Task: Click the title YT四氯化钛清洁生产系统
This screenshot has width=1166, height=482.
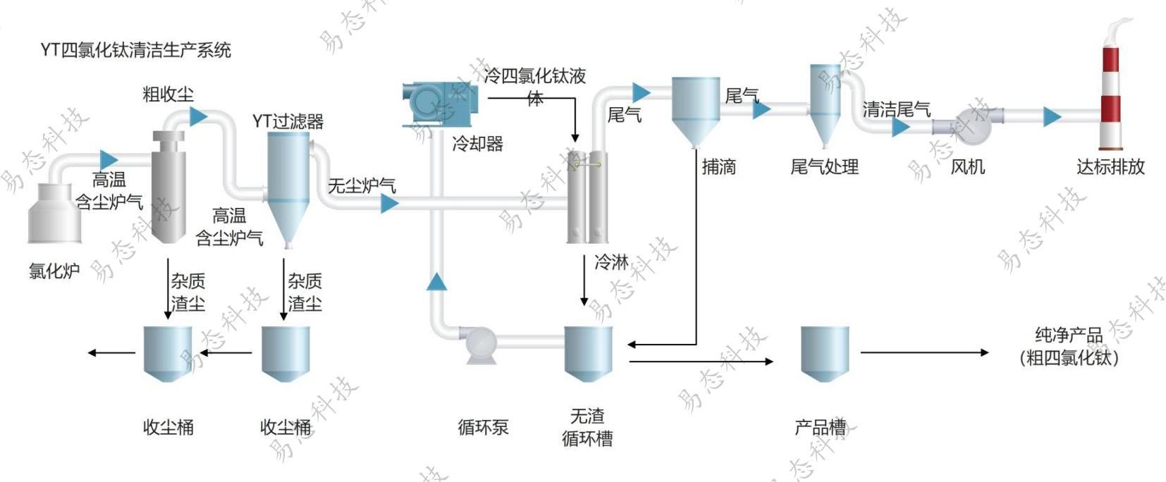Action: pos(135,50)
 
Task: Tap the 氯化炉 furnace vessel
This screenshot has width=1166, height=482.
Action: pos(54,213)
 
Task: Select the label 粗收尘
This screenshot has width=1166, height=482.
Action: pos(168,94)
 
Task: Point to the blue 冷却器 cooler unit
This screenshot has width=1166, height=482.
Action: pos(441,104)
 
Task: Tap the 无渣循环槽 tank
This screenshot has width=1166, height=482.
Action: pos(588,352)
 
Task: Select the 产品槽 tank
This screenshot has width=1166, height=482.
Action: pos(824,352)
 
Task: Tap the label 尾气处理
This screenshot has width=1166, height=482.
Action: pos(824,167)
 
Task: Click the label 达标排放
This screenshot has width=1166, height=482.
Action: pos(1110,167)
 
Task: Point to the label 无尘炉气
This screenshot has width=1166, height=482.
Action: pos(362,186)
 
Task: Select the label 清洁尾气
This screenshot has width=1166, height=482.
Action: pos(896,109)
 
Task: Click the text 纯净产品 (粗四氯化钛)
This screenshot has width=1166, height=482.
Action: pos(1069,346)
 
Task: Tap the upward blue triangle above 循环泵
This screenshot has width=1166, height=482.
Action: pos(436,282)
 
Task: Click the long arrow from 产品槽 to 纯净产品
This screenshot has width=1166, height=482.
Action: pos(923,352)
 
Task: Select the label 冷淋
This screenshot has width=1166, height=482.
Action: pos(611,262)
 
